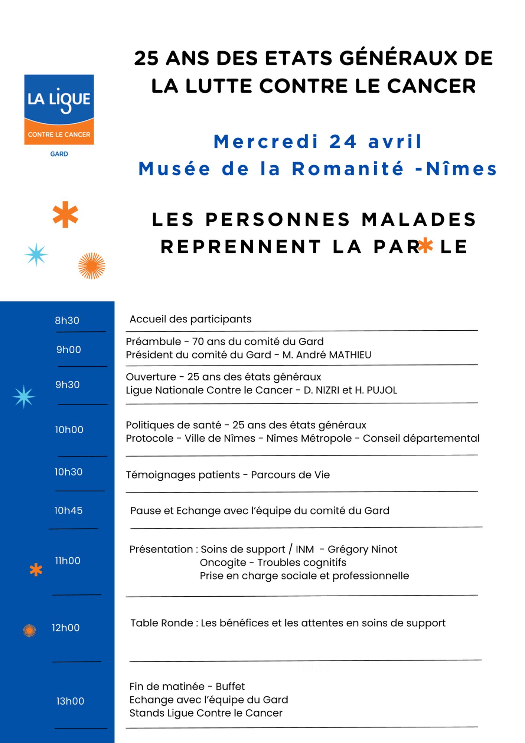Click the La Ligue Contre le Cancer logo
click(59, 110)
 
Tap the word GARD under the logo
click(59, 154)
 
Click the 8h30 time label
click(67, 321)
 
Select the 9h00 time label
click(69, 350)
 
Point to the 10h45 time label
click(68, 510)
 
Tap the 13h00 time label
click(70, 701)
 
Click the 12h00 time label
click(66, 628)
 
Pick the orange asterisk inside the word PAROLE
click(425, 246)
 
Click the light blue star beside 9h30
click(24, 396)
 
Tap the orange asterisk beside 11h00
click(36, 570)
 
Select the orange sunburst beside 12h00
click(30, 630)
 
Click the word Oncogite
click(223, 563)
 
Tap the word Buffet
click(230, 687)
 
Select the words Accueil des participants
click(190, 319)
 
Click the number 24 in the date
click(343, 142)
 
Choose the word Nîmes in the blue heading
click(461, 169)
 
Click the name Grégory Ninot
click(362, 549)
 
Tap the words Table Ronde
click(162, 623)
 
